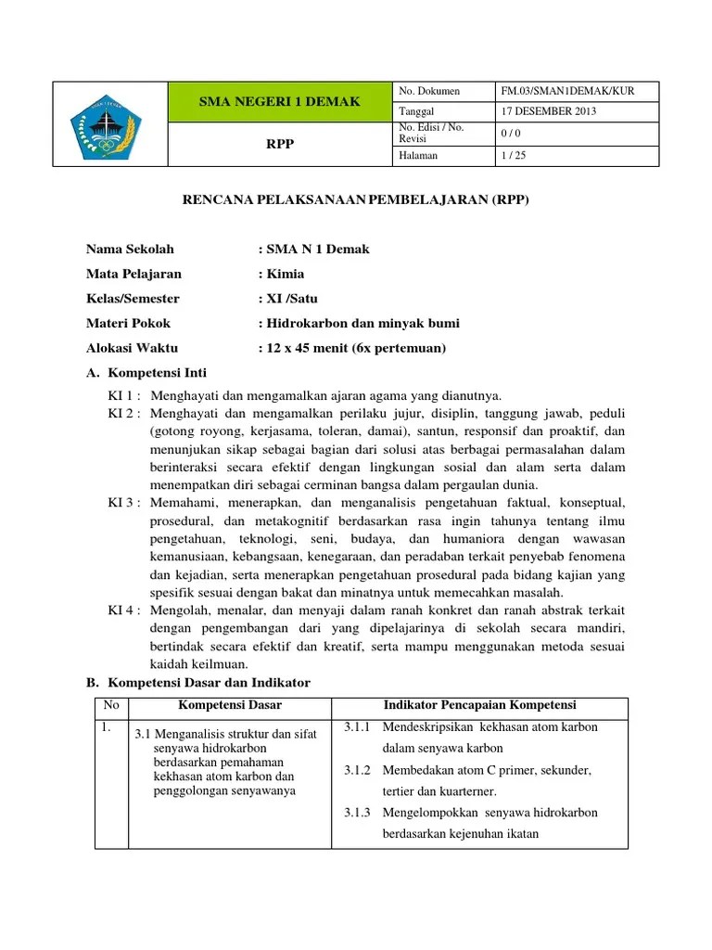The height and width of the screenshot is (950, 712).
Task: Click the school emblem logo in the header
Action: tap(108, 125)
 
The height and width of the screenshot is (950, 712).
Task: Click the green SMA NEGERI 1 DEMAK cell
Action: tap(279, 101)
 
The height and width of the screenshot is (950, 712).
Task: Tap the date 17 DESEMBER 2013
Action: tap(549, 111)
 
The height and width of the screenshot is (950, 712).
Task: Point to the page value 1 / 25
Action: tap(515, 156)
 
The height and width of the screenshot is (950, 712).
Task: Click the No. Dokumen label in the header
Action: tap(429, 92)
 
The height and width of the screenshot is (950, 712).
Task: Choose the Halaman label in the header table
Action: tap(419, 156)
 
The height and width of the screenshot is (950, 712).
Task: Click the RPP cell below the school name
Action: tap(279, 144)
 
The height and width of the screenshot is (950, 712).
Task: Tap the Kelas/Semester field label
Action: tap(133, 299)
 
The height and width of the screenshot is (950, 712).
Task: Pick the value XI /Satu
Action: tap(292, 299)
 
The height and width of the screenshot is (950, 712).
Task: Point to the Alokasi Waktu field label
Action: tap(133, 349)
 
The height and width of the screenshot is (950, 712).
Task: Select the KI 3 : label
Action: tap(124, 503)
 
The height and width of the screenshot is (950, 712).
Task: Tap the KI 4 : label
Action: tap(124, 610)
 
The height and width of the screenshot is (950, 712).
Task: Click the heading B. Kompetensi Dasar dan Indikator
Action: tap(198, 683)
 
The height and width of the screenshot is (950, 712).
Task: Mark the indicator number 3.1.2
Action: tap(357, 770)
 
